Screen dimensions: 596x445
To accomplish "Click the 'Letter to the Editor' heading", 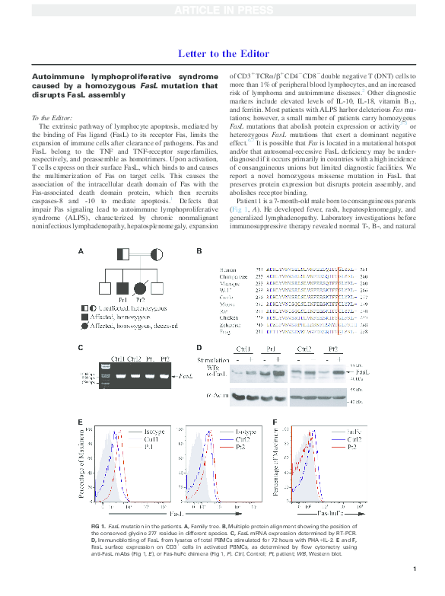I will pyautogui.click(x=221, y=54).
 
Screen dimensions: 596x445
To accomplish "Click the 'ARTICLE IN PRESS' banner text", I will pyautogui.click(x=221, y=10).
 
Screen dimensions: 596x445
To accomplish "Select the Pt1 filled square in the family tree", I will pyautogui.click(x=122, y=288).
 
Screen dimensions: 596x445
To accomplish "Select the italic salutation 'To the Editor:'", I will pyautogui.click(x=52, y=117).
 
